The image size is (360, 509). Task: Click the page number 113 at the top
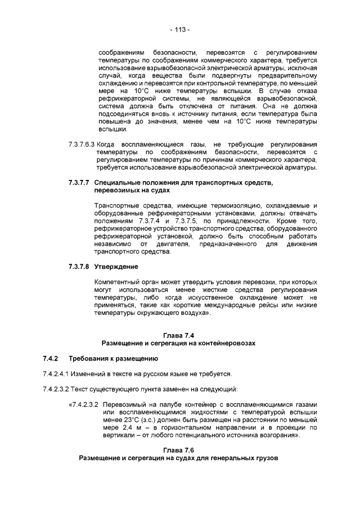[179, 29]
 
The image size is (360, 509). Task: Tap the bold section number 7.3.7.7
[77, 183]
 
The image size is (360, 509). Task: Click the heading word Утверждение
[116, 265]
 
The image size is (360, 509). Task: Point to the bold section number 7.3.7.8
[77, 265]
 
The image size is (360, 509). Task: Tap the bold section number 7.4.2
[51, 358]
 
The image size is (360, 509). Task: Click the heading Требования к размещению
[113, 358]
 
